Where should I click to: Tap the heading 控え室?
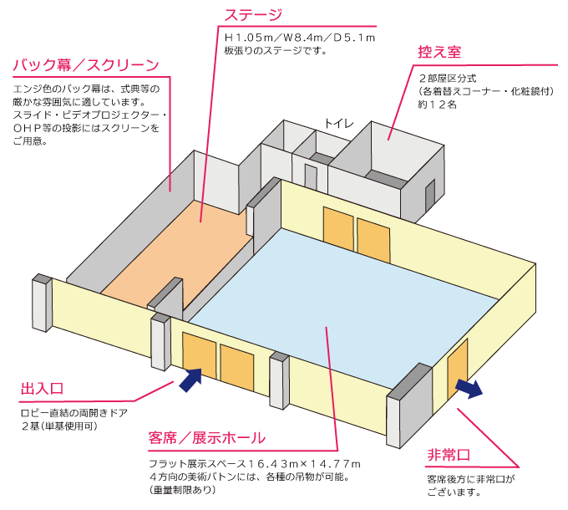[x=439, y=53]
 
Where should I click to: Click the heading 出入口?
[x=42, y=389]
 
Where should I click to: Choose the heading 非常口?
[x=449, y=455]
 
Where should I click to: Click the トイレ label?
[x=338, y=123]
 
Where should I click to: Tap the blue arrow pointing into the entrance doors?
[x=190, y=380]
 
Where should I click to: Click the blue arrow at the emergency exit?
[x=469, y=387]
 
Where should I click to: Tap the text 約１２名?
[x=438, y=105]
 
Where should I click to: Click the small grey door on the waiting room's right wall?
[x=430, y=196]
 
